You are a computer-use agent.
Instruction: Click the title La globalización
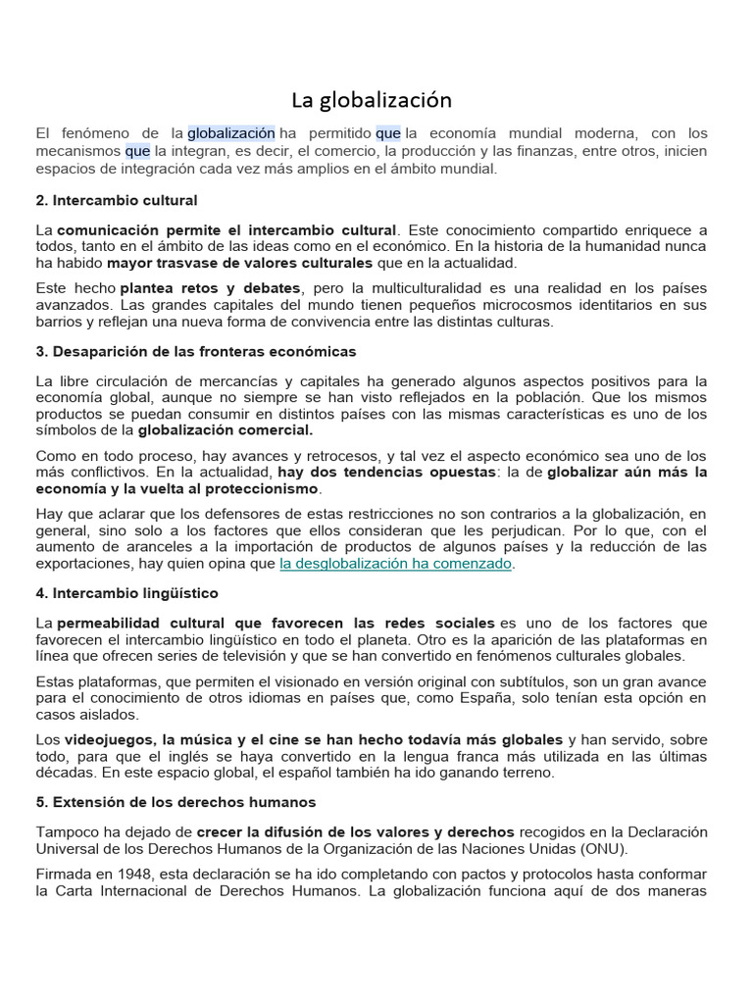(x=372, y=100)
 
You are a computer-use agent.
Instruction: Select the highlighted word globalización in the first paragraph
(x=231, y=132)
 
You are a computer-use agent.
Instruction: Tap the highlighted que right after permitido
(x=388, y=132)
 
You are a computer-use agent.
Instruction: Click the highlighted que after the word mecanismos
(x=137, y=151)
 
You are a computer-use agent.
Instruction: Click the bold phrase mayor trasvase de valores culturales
(x=240, y=263)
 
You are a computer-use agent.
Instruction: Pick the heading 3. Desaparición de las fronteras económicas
(x=196, y=351)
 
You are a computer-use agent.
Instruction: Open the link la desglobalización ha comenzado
(x=396, y=564)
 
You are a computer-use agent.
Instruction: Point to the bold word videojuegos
(x=109, y=739)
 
